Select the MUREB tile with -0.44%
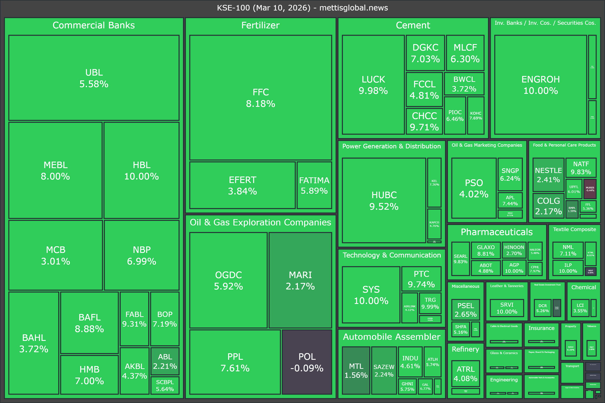[x=590, y=189]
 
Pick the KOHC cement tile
[x=476, y=115]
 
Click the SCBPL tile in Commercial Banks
[x=165, y=385]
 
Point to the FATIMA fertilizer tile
[x=314, y=185]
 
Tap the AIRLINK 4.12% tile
[x=409, y=308]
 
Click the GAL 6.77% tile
[x=425, y=386]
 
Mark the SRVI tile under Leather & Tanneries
[x=507, y=308]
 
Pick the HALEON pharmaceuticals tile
[x=535, y=251]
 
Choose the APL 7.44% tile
[x=510, y=200]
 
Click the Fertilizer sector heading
[x=260, y=25]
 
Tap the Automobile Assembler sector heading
[x=392, y=337]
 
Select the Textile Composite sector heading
[x=574, y=229]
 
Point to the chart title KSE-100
[x=302, y=8]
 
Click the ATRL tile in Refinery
[x=465, y=373]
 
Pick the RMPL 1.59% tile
[x=572, y=209]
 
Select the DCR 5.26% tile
[x=542, y=308]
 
